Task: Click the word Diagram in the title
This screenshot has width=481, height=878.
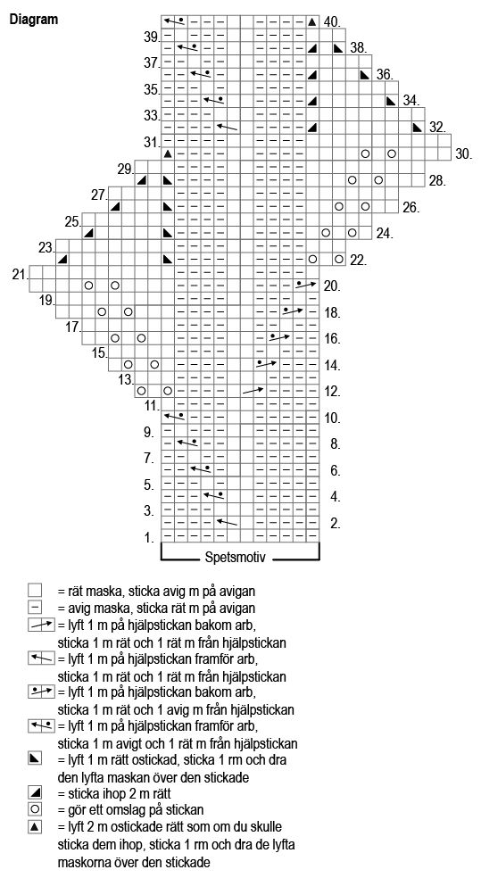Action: [x=34, y=20]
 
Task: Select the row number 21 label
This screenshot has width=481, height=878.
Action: [x=21, y=274]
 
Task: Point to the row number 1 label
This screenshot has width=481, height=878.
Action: [x=150, y=538]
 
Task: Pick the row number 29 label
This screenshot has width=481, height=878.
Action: [x=126, y=169]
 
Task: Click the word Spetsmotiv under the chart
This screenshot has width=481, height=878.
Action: [x=235, y=558]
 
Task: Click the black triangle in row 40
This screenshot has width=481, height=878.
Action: [x=312, y=22]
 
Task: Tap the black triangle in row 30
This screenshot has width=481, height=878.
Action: [x=168, y=153]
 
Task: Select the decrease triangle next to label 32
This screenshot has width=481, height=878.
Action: [x=417, y=127]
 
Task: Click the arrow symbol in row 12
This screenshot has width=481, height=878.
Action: [x=253, y=390]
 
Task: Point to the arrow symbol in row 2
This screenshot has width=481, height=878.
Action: [x=227, y=522]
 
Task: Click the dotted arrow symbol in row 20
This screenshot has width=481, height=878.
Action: [x=306, y=285]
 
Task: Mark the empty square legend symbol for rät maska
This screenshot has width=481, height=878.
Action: [x=35, y=590]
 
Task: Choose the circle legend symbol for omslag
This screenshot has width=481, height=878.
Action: [x=35, y=809]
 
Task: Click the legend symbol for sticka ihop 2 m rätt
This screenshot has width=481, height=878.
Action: [x=35, y=792]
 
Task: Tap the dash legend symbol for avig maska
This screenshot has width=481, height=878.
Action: [x=35, y=607]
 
